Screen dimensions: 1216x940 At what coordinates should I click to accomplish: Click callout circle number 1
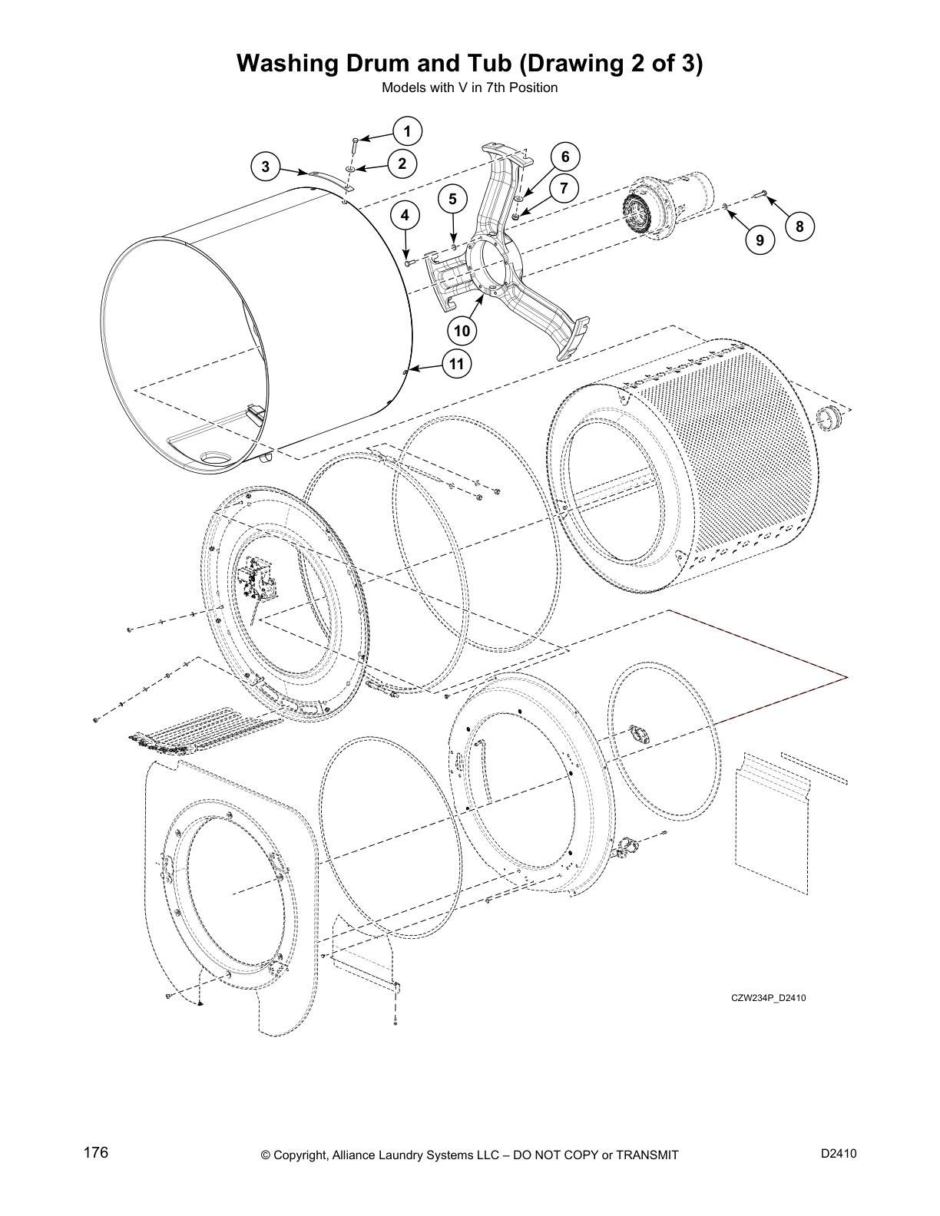(x=407, y=131)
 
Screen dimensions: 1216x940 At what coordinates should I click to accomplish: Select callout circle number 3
(x=266, y=166)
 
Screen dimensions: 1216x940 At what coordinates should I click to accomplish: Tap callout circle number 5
(x=452, y=199)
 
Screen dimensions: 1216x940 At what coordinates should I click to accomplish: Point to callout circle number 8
(x=799, y=226)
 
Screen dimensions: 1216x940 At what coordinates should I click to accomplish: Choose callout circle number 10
(x=462, y=331)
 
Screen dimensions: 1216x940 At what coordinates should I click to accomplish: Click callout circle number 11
(x=457, y=364)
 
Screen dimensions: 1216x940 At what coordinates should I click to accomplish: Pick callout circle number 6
(x=564, y=157)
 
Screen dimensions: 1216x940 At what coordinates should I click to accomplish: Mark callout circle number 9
(x=759, y=240)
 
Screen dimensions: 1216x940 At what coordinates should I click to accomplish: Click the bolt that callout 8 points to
(x=763, y=193)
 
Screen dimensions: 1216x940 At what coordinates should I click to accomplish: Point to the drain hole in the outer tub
(x=215, y=458)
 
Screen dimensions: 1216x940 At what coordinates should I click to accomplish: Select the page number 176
(x=96, y=1153)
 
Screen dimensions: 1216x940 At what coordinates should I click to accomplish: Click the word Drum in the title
(x=366, y=63)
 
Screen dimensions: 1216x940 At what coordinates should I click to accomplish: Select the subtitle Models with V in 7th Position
(x=469, y=88)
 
